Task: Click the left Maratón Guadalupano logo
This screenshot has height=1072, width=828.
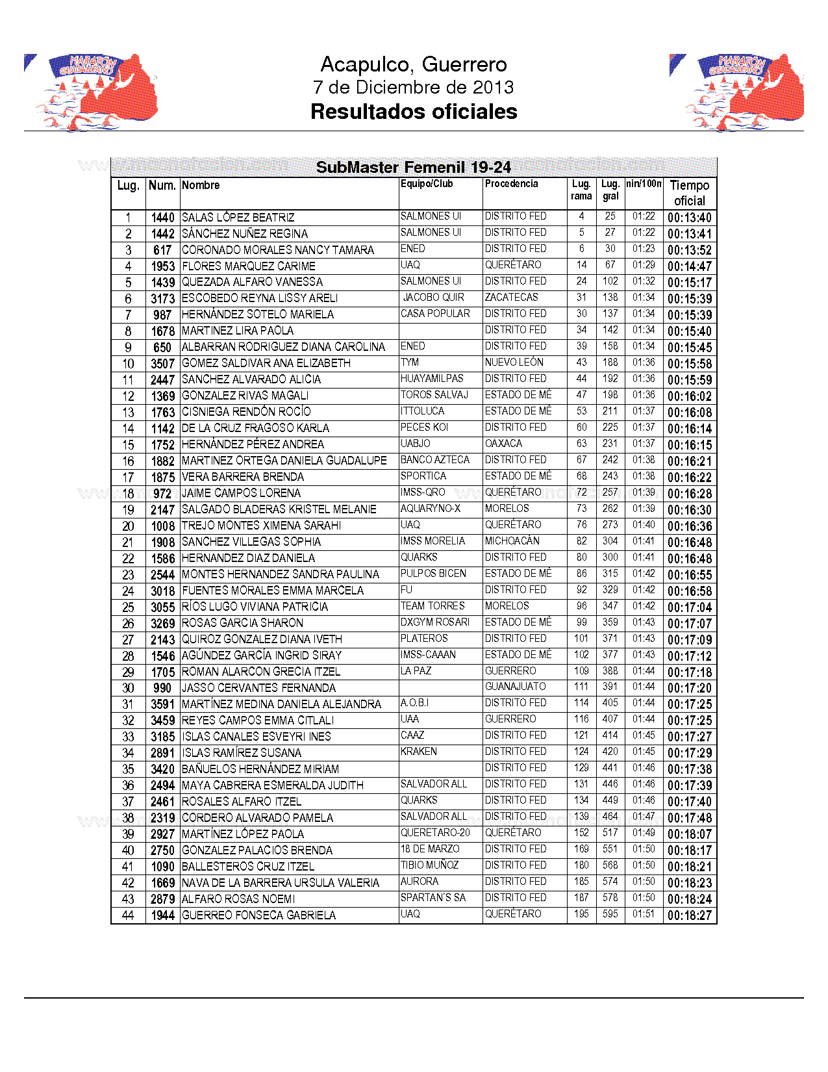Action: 91,92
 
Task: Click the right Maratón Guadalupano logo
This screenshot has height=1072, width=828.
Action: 736,92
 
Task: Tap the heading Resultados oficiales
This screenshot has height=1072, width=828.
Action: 414,112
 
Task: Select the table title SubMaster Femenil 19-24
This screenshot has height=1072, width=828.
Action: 413,168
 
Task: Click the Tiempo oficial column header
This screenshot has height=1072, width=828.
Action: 689,193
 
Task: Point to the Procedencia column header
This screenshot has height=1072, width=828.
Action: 511,184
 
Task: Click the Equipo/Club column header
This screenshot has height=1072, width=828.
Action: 427,184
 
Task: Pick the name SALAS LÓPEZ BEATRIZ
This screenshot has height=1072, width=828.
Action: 238,218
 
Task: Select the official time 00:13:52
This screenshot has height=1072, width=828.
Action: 690,250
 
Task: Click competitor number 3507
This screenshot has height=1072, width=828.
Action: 163,364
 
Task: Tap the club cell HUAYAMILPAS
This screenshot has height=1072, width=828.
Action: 432,379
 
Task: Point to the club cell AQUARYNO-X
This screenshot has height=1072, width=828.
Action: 430,509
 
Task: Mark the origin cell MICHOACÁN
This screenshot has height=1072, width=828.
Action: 512,541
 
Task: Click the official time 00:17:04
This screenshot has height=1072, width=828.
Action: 690,607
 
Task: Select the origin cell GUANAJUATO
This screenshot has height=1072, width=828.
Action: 515,687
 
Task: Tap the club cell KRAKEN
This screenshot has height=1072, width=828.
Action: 418,752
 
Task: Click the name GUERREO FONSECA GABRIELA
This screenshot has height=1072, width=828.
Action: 258,915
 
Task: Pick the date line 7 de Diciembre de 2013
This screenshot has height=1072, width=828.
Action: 413,87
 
